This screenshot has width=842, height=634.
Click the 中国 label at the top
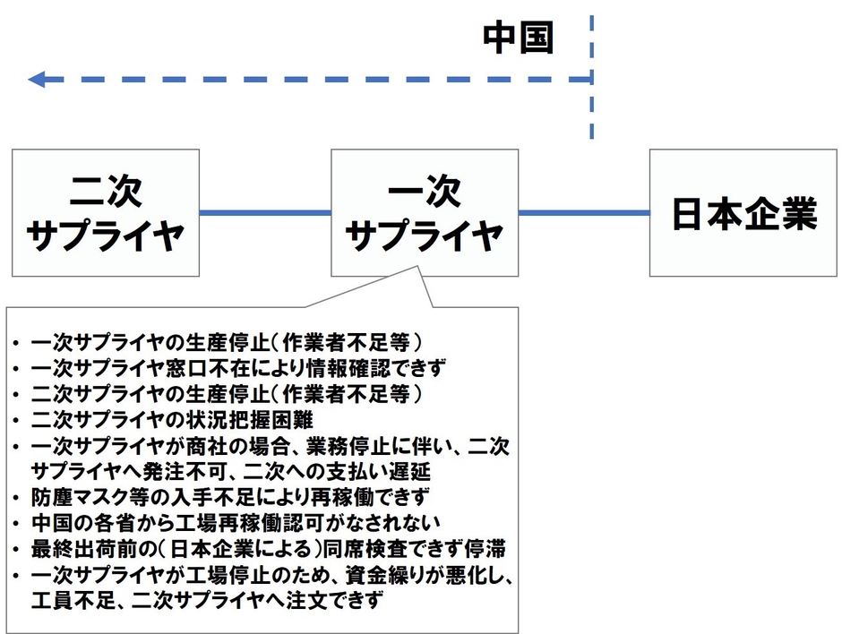coord(519,37)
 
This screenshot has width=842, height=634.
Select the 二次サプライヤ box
coord(106,213)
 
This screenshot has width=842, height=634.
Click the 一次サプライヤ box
coord(424,213)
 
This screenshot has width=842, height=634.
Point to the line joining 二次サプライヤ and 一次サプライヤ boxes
coord(265,213)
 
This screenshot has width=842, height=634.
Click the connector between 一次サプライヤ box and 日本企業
coord(583,213)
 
